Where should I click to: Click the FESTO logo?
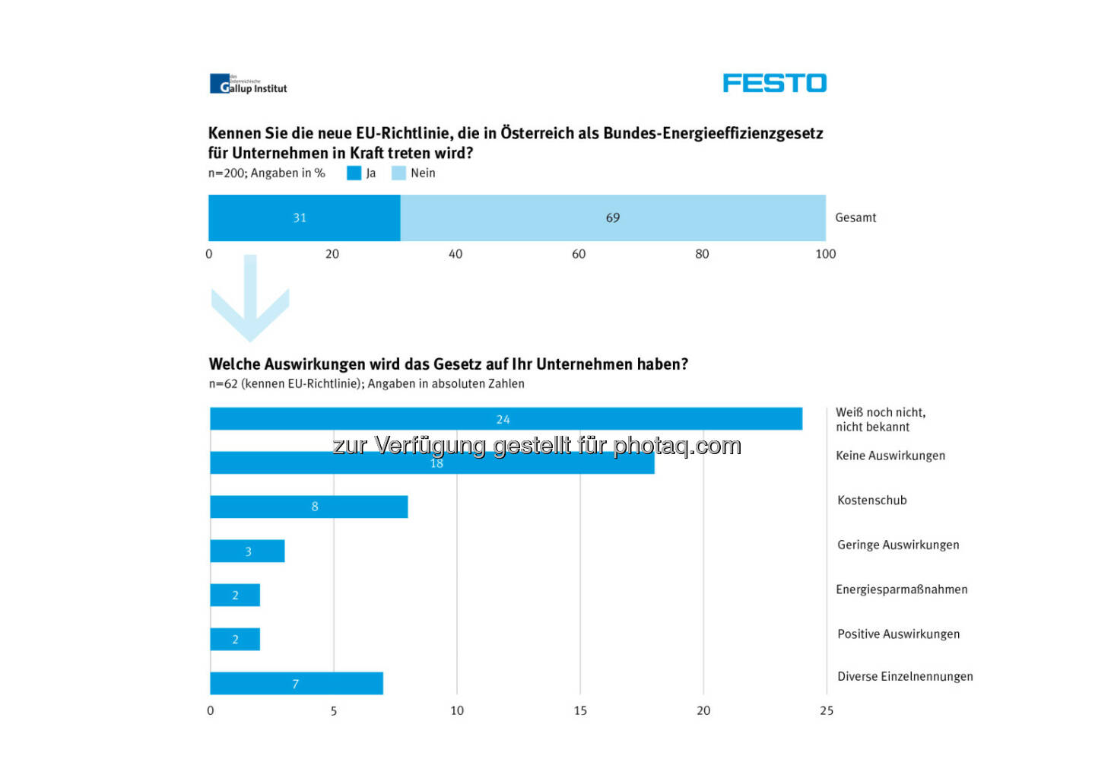(774, 83)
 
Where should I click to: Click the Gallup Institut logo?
(249, 84)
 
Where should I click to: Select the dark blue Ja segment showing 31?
(304, 218)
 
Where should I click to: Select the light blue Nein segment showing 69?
(613, 218)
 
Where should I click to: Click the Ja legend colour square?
(354, 173)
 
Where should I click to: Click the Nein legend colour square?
(398, 173)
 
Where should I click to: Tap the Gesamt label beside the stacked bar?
(855, 218)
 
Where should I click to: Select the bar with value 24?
(506, 419)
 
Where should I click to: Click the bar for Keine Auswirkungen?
(432, 463)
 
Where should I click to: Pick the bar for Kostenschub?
(309, 507)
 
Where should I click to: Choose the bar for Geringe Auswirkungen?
(247, 551)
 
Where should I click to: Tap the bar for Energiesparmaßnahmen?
(235, 596)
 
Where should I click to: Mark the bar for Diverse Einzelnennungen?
(297, 684)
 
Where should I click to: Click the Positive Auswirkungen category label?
(898, 634)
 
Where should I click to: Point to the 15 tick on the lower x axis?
(580, 710)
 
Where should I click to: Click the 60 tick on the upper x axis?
(579, 254)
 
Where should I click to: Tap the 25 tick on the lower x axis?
(827, 710)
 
